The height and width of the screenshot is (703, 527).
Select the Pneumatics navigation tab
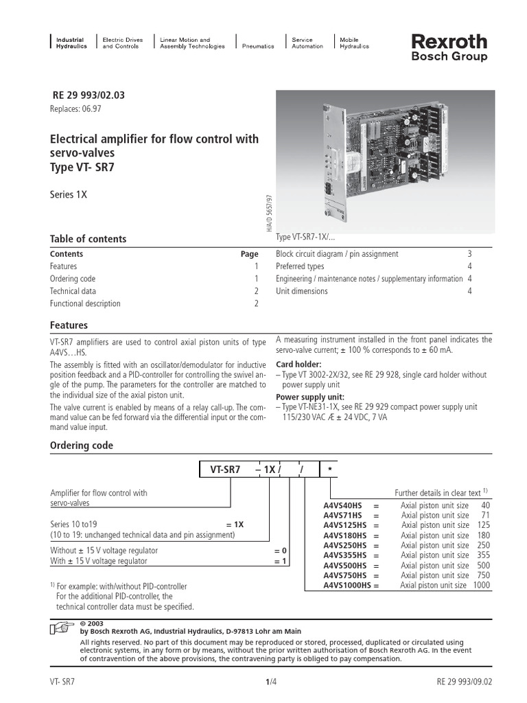pos(258,47)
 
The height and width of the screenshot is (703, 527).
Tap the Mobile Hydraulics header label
pos(354,43)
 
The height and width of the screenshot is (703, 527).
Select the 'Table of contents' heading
pos(89,239)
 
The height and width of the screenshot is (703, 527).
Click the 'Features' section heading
pos(69,325)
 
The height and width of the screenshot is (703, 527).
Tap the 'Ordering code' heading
pos(82,446)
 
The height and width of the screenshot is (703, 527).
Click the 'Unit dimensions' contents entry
pos(301,291)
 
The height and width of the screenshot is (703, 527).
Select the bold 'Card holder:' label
pos(298,364)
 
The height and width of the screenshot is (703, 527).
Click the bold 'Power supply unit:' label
pos(310,397)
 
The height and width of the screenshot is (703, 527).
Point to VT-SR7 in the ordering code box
pos(225,470)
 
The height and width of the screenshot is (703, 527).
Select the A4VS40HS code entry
pos(344,505)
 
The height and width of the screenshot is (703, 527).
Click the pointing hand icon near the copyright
pos(62,628)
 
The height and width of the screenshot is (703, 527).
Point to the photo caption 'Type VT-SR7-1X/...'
pos(305,237)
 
